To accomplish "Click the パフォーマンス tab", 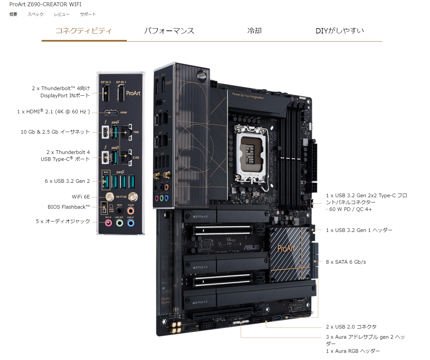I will click(x=169, y=31).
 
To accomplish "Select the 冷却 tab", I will click(x=254, y=31).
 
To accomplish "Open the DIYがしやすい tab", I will click(x=340, y=31).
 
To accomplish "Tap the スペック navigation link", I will click(x=35, y=14).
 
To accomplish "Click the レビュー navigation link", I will click(x=62, y=14).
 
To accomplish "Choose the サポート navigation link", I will click(x=88, y=14).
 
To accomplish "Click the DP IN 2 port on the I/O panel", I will click(x=106, y=93).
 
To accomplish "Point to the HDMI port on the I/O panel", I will click(x=111, y=113).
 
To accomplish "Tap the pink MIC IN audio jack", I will click(x=108, y=223).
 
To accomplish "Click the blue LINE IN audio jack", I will click(x=130, y=223).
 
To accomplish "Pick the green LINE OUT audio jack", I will click(x=120, y=223).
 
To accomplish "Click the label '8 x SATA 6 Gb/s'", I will click(x=346, y=262).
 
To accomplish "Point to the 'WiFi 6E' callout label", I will click(x=81, y=197).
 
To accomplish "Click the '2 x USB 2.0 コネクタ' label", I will click(x=351, y=327).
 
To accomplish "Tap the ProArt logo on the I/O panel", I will click(x=133, y=93).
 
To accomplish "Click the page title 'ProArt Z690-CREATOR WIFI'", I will click(x=45, y=4).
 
